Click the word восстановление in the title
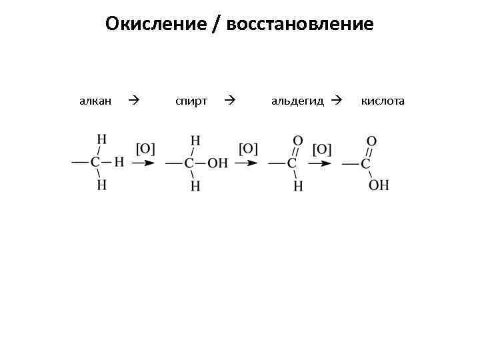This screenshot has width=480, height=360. pyautogui.click(x=300, y=25)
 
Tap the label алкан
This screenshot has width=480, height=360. pyautogui.click(x=95, y=101)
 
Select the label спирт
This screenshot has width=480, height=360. pyautogui.click(x=191, y=101)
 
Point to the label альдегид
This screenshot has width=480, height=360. pyautogui.click(x=297, y=101)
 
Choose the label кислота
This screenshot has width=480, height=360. pyautogui.click(x=383, y=101)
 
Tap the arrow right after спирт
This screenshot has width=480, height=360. pyautogui.click(x=230, y=101)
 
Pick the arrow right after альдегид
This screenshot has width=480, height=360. pyautogui.click(x=336, y=101)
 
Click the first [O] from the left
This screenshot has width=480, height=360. pyautogui.click(x=145, y=148)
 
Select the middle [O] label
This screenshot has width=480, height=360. pyautogui.click(x=248, y=148)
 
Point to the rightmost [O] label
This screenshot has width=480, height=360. pyautogui.click(x=321, y=148)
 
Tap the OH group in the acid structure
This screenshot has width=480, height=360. pyautogui.click(x=379, y=185)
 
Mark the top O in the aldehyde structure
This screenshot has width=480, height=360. pyautogui.click(x=298, y=141)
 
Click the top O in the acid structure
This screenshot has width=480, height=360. pyautogui.click(x=371, y=141)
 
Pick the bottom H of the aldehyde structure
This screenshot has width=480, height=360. pyautogui.click(x=298, y=186)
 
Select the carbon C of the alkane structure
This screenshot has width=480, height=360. pyautogui.click(x=95, y=162)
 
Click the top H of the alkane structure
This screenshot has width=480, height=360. pyautogui.click(x=101, y=139)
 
